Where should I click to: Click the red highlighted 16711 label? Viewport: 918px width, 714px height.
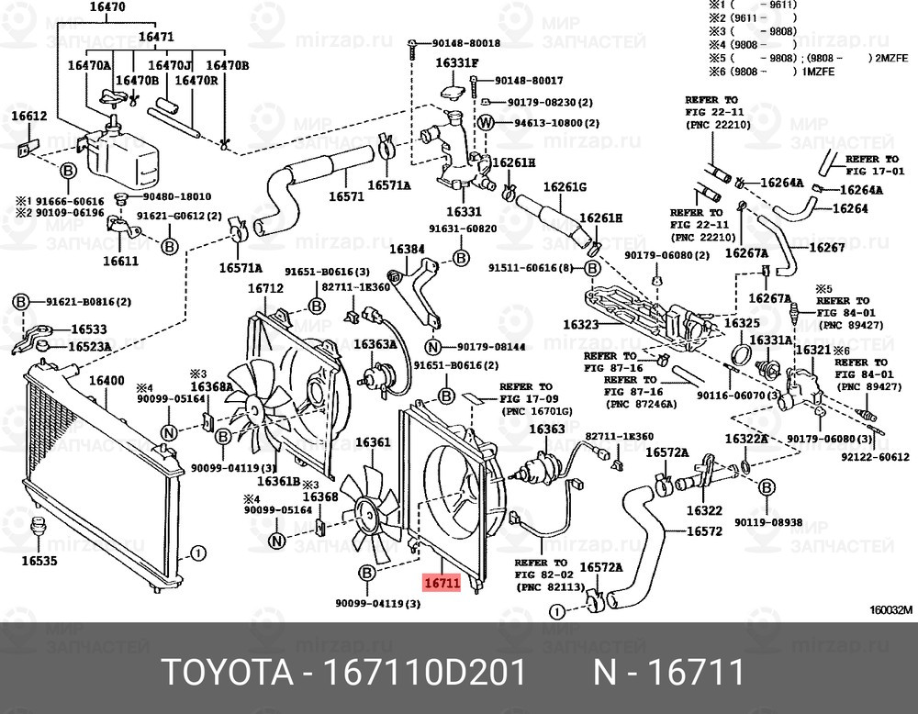(x=440, y=582)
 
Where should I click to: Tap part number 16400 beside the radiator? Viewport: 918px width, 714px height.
(x=106, y=381)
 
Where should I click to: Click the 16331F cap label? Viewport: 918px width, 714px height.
(x=456, y=63)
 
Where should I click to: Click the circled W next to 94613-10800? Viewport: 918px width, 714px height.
(x=486, y=123)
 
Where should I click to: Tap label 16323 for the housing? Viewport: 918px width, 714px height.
(x=580, y=324)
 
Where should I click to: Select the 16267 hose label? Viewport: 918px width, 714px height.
(x=826, y=248)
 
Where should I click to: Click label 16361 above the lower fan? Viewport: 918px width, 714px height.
(x=373, y=442)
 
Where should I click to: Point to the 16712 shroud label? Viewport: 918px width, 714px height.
(x=265, y=288)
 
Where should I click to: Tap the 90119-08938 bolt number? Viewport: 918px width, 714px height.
(x=768, y=522)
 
